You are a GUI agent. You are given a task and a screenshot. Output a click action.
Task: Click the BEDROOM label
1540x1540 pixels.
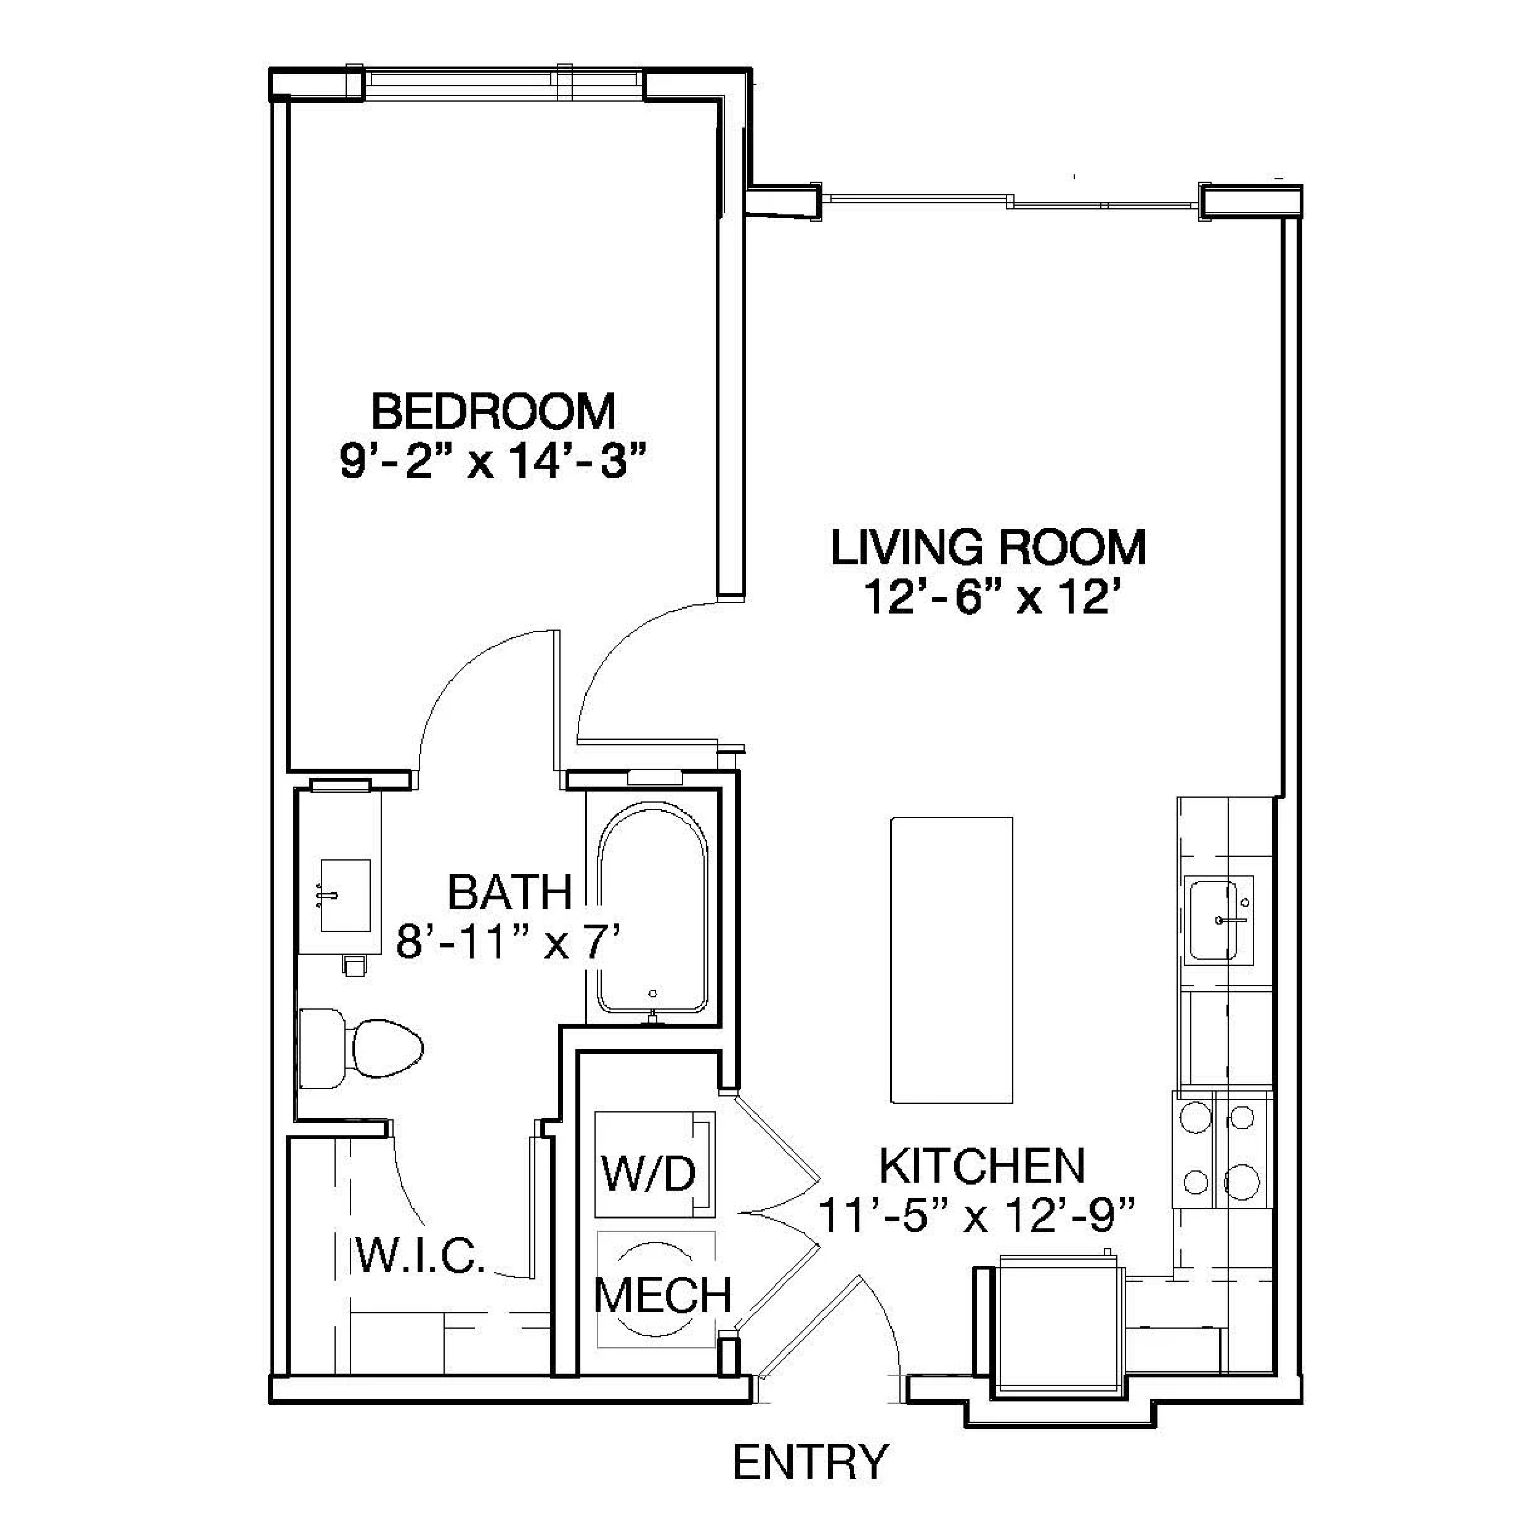[493, 411]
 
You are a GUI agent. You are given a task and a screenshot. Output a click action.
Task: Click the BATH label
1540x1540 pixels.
[509, 892]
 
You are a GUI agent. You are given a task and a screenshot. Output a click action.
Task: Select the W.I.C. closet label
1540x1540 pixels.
[420, 1257]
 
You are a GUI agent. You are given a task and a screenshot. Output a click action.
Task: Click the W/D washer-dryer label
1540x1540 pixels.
[649, 1173]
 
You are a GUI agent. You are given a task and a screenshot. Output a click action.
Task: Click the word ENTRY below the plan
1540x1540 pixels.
[810, 1462]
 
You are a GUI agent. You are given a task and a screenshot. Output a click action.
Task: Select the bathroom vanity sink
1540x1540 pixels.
[345, 895]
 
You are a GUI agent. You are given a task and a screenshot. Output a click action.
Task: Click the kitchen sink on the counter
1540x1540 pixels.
[1219, 919]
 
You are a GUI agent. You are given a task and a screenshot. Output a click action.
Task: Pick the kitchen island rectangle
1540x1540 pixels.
[952, 960]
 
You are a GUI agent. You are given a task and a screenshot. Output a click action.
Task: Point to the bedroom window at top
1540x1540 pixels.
[504, 83]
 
